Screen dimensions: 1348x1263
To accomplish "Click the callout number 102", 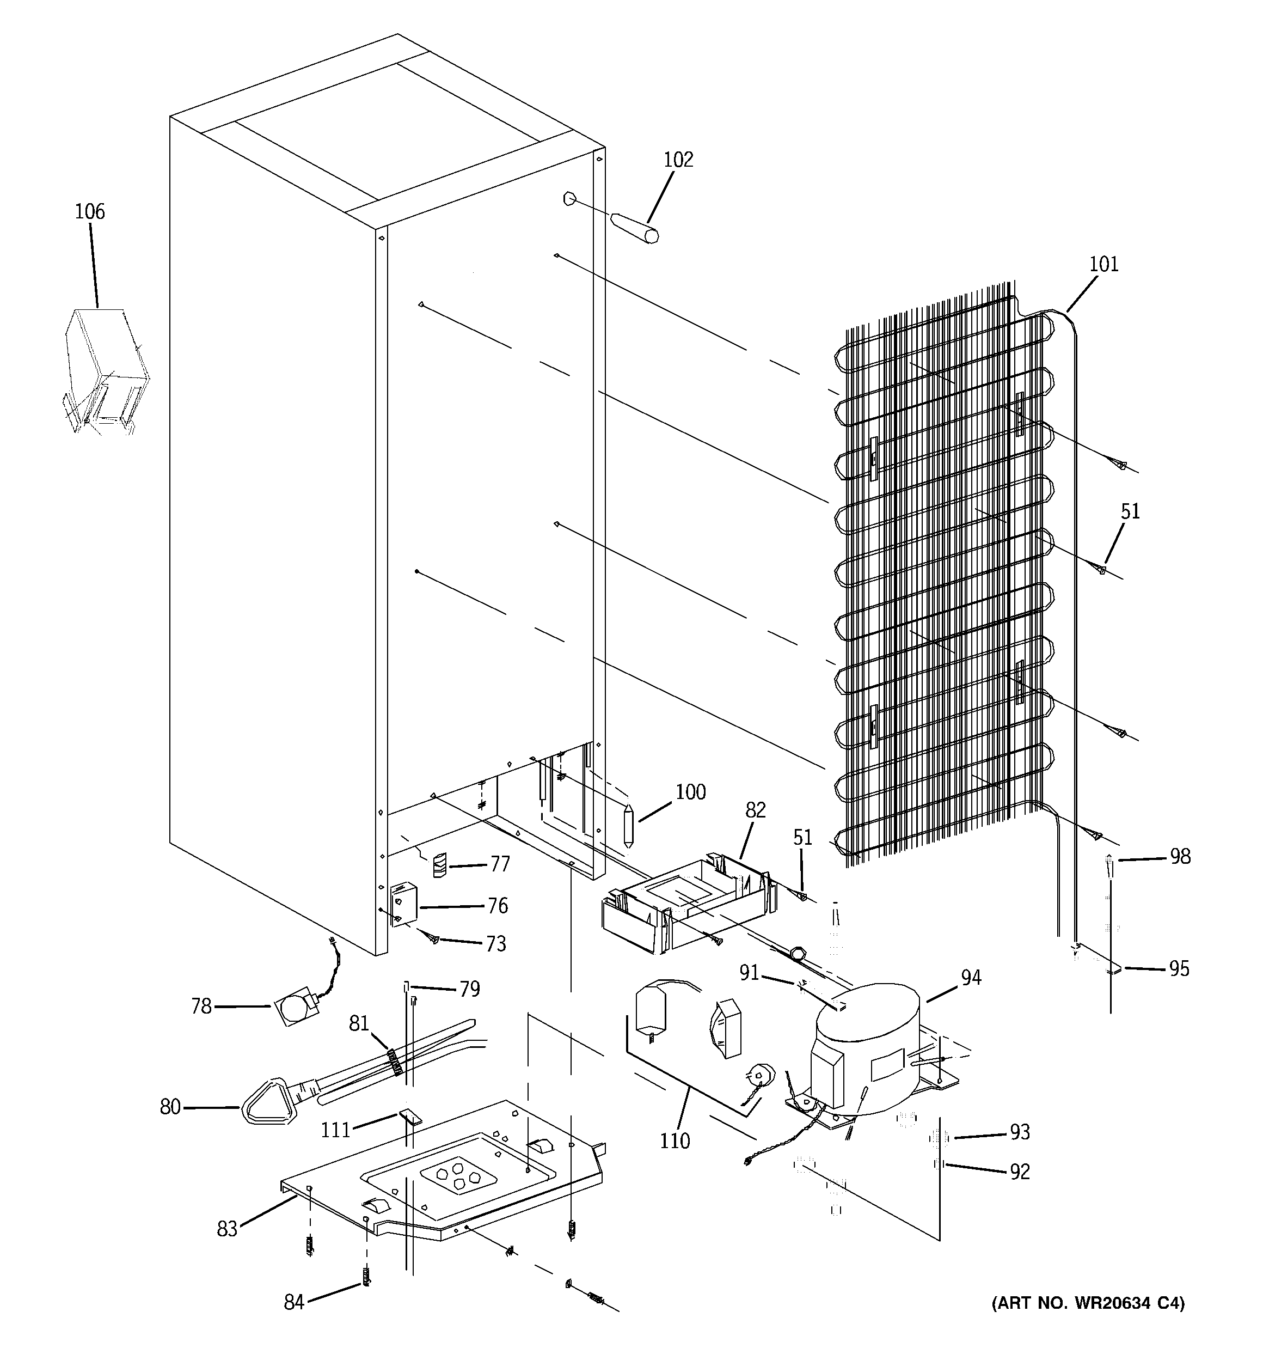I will click(x=678, y=160).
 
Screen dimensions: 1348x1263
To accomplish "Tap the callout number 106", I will click(x=89, y=212).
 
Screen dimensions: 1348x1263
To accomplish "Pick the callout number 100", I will click(x=690, y=792).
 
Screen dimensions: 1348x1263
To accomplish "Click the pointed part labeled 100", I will click(x=628, y=825).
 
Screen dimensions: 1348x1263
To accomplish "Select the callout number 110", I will click(x=675, y=1141).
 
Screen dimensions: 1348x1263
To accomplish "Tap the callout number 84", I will click(x=293, y=1302).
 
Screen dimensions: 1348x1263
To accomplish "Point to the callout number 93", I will click(x=1020, y=1132).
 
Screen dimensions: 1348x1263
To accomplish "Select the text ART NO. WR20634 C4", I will click(x=1088, y=1303).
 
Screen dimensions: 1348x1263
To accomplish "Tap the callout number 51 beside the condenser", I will click(x=1130, y=511).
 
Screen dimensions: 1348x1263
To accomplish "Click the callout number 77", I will click(x=500, y=864).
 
